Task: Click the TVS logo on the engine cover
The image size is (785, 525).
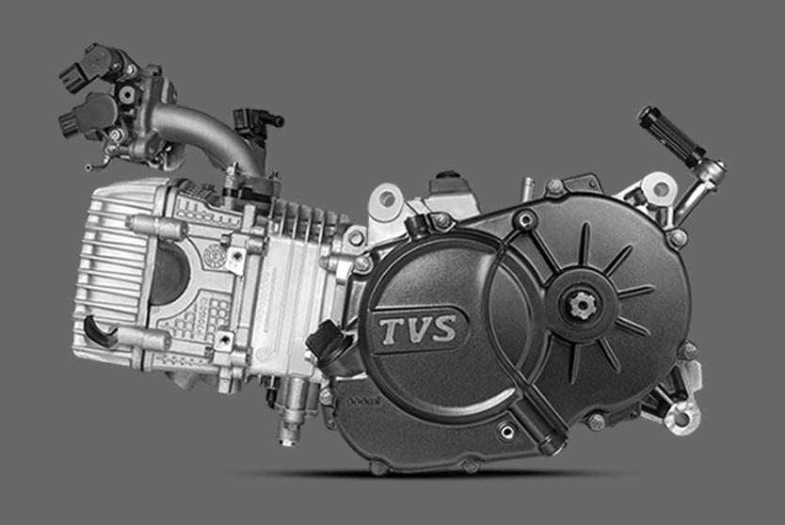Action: point(419,330)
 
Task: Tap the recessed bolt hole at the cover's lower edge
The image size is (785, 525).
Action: point(507,432)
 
